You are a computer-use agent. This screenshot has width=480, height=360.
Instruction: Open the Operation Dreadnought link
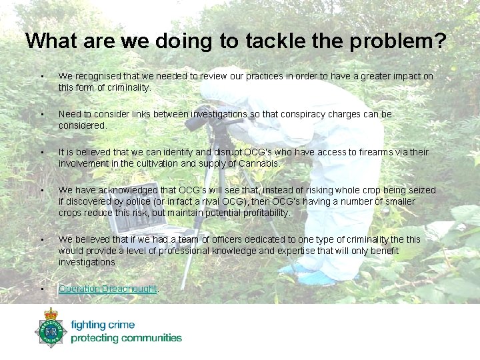[x=107, y=289]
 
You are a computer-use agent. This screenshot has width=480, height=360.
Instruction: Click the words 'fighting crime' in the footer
[x=103, y=325]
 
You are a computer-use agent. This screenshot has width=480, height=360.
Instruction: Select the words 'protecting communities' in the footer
[x=126, y=338]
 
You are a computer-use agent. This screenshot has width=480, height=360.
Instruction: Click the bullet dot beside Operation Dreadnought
[x=42, y=289]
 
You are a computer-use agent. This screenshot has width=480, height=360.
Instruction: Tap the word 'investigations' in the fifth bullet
[x=87, y=262]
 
